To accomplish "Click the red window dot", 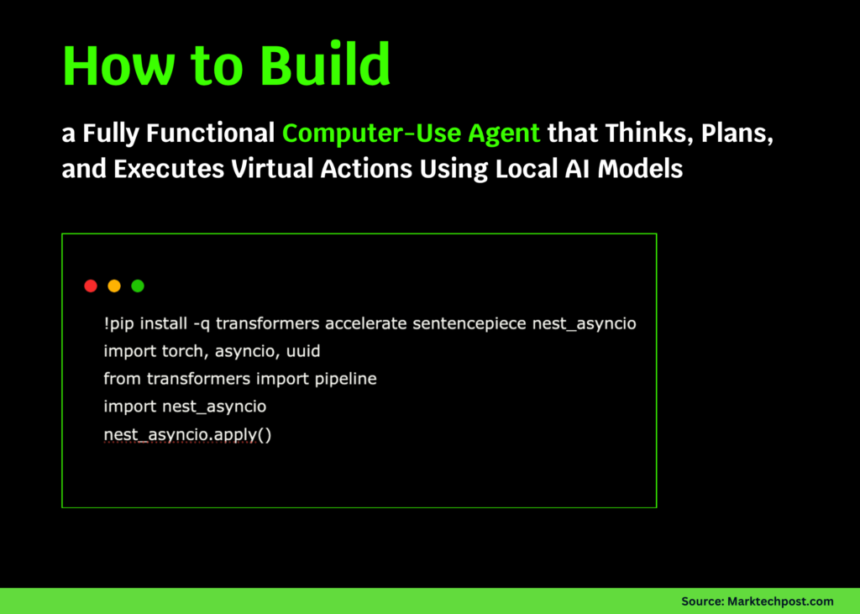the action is pyautogui.click(x=91, y=286).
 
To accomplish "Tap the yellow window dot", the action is pyautogui.click(x=114, y=286).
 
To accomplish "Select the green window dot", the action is pyautogui.click(x=138, y=286).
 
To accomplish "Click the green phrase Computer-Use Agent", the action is pyautogui.click(x=412, y=134).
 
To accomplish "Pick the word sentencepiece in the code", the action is pyautogui.click(x=469, y=323).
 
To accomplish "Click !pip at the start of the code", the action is pyautogui.click(x=119, y=323).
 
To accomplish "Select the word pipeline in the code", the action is pyautogui.click(x=345, y=379).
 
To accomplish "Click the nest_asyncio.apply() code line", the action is pyautogui.click(x=187, y=434).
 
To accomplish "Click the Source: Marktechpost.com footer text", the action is pyautogui.click(x=757, y=601).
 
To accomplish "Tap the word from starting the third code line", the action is pyautogui.click(x=122, y=379).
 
